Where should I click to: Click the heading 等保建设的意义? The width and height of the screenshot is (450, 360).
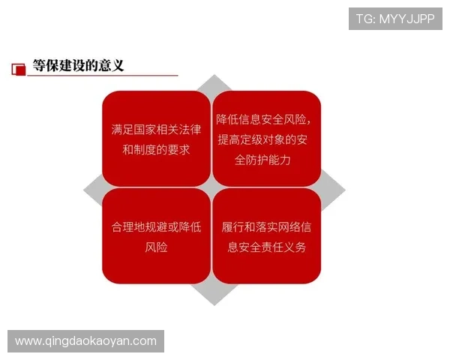point(78,66)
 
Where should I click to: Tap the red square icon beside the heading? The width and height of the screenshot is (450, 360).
point(19,68)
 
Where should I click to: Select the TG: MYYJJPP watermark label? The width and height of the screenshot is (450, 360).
point(395,19)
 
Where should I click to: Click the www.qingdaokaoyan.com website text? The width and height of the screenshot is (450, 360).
point(86,341)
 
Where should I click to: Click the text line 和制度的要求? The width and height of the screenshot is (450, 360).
point(156,149)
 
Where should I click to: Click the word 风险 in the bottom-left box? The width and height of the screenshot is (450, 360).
point(156,247)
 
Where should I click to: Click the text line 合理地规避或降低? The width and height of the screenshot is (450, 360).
point(156,226)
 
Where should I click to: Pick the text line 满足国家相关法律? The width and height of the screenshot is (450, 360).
point(156,129)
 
